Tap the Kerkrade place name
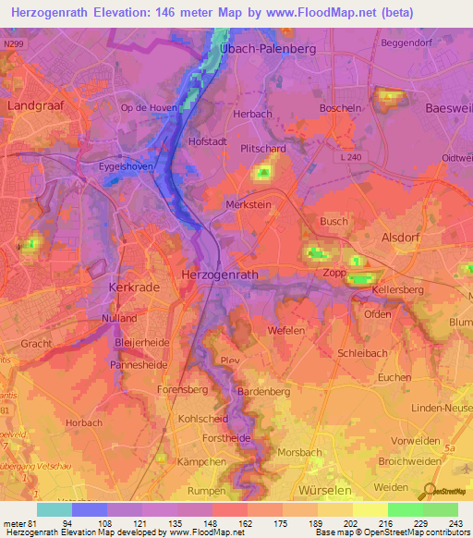[135, 287]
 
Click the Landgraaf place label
[35, 105]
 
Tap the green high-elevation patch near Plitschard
[264, 171]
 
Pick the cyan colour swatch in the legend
[54, 509]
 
